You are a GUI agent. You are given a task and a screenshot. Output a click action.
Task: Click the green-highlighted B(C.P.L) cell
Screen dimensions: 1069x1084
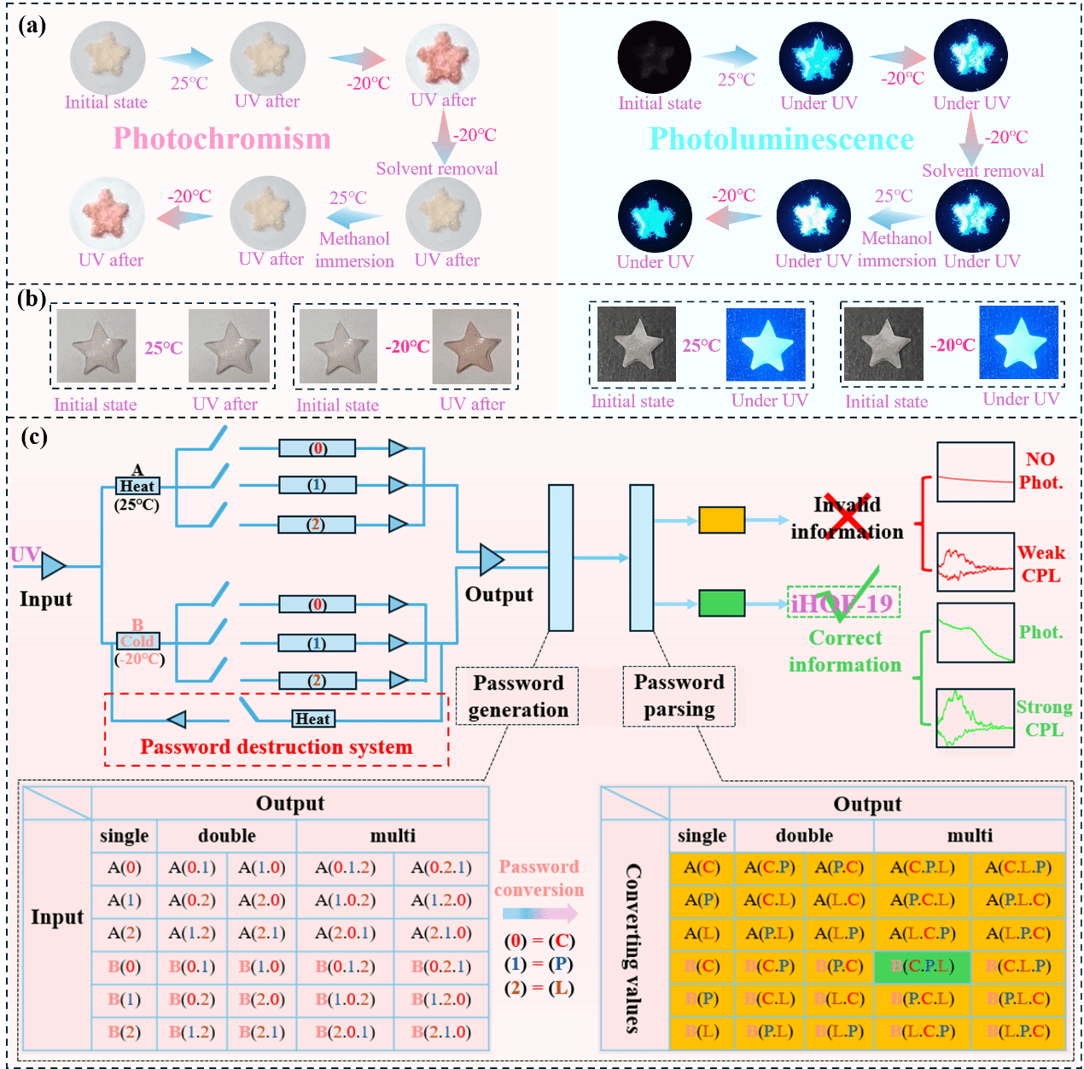pyautogui.click(x=923, y=966)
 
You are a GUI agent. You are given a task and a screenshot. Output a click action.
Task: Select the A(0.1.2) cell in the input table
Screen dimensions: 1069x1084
pyautogui.click(x=345, y=867)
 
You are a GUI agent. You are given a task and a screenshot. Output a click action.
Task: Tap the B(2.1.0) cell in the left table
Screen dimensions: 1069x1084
pyautogui.click(x=440, y=1031)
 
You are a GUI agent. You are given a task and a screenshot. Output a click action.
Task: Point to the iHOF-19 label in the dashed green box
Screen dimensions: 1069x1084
pyautogui.click(x=842, y=604)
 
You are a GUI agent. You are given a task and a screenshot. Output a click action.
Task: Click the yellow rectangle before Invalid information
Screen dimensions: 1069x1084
pyautogui.click(x=721, y=519)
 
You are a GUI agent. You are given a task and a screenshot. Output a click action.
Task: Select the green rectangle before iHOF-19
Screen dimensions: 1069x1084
pyautogui.click(x=721, y=603)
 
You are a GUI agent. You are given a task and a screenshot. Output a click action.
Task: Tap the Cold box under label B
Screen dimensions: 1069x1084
pyautogui.click(x=137, y=641)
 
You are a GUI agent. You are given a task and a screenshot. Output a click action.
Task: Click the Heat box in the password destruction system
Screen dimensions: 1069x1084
pyautogui.click(x=312, y=719)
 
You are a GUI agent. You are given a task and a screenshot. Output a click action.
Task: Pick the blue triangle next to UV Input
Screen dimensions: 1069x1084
pyautogui.click(x=53, y=565)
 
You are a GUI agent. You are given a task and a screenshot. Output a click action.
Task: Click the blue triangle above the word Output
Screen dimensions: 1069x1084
pyautogui.click(x=491, y=560)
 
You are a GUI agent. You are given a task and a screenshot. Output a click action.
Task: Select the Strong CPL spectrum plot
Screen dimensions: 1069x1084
pyautogui.click(x=976, y=718)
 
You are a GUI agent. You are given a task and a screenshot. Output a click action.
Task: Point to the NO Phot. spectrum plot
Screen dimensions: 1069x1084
pyautogui.click(x=976, y=471)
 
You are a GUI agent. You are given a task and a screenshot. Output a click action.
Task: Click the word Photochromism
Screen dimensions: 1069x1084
pyautogui.click(x=222, y=138)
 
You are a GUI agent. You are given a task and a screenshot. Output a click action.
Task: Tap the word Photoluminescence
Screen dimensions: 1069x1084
pyautogui.click(x=781, y=139)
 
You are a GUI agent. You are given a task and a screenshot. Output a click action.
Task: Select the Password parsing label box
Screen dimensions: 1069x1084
pyautogui.click(x=679, y=696)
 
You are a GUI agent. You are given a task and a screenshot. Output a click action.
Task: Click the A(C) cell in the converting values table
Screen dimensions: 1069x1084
pyautogui.click(x=702, y=867)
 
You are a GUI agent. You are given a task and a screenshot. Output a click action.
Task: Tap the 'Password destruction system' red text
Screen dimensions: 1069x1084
pyautogui.click(x=276, y=747)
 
